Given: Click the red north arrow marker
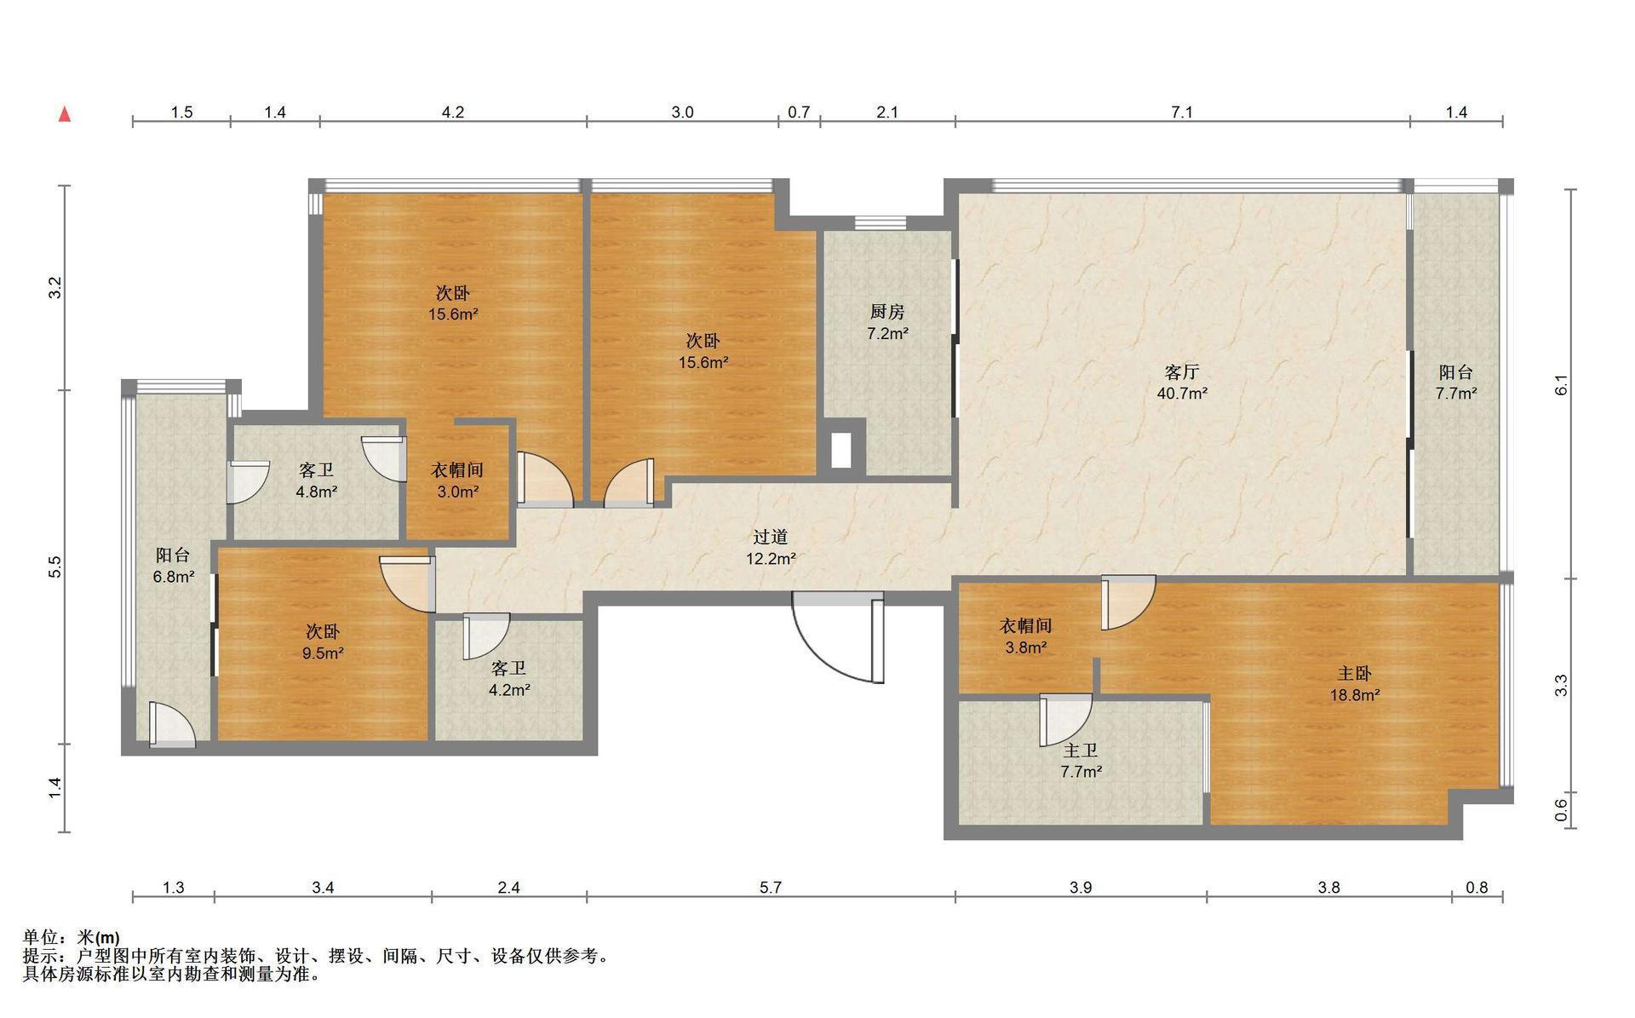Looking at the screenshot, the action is tap(65, 114).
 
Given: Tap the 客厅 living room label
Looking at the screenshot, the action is tap(1182, 372).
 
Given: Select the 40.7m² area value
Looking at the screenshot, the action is tap(1182, 394).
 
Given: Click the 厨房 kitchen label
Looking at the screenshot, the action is tap(887, 313).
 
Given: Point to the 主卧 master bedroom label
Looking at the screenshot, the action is tap(1355, 674).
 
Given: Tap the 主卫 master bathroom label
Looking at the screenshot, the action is tap(1081, 751).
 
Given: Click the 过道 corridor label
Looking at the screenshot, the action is tap(771, 538).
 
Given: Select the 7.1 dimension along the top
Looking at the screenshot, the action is tap(1182, 112).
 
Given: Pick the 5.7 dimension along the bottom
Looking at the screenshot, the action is tap(771, 888).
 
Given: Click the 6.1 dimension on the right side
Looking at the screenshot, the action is tap(1561, 385).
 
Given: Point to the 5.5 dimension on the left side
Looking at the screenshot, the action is tap(55, 567).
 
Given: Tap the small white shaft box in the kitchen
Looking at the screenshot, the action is tap(841, 450).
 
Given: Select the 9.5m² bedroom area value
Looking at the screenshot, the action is tap(323, 653).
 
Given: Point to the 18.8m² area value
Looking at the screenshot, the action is tap(1355, 695).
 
